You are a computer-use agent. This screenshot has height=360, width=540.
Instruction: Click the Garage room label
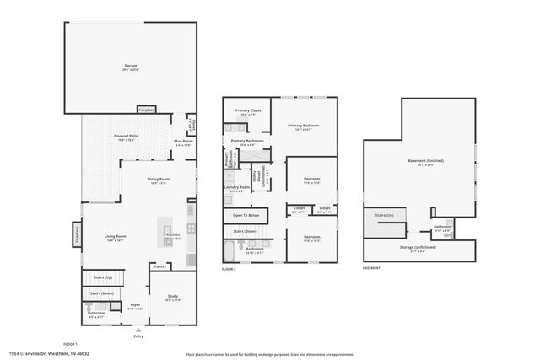[x=131, y=65]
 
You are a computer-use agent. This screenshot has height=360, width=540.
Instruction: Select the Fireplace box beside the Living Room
[x=78, y=233]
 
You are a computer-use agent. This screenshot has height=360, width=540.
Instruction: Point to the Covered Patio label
[x=127, y=136]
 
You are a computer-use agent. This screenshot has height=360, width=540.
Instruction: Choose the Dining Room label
[x=159, y=179]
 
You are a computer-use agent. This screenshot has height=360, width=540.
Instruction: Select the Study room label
[x=172, y=296]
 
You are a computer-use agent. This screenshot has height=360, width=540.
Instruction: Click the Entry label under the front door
[x=138, y=336]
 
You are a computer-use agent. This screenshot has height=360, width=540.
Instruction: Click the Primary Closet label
[x=247, y=110]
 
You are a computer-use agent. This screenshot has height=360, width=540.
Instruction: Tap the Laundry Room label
[x=237, y=187]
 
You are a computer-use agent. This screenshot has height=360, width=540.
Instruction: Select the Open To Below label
[x=246, y=216]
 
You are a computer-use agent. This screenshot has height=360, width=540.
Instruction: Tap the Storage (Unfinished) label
[x=418, y=248]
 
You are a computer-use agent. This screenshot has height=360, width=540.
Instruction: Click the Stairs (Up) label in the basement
[x=385, y=216]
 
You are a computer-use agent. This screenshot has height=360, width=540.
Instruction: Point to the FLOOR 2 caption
[x=229, y=269]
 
